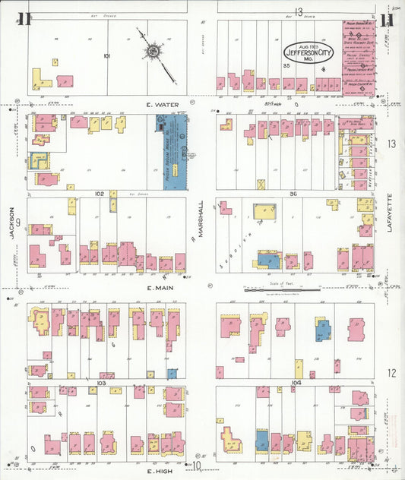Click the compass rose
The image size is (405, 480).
click(x=153, y=52)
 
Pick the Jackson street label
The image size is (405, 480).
click(x=13, y=225)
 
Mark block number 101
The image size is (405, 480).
click(x=106, y=55)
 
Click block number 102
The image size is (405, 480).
click(x=99, y=194)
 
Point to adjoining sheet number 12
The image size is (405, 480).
click(x=391, y=372)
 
